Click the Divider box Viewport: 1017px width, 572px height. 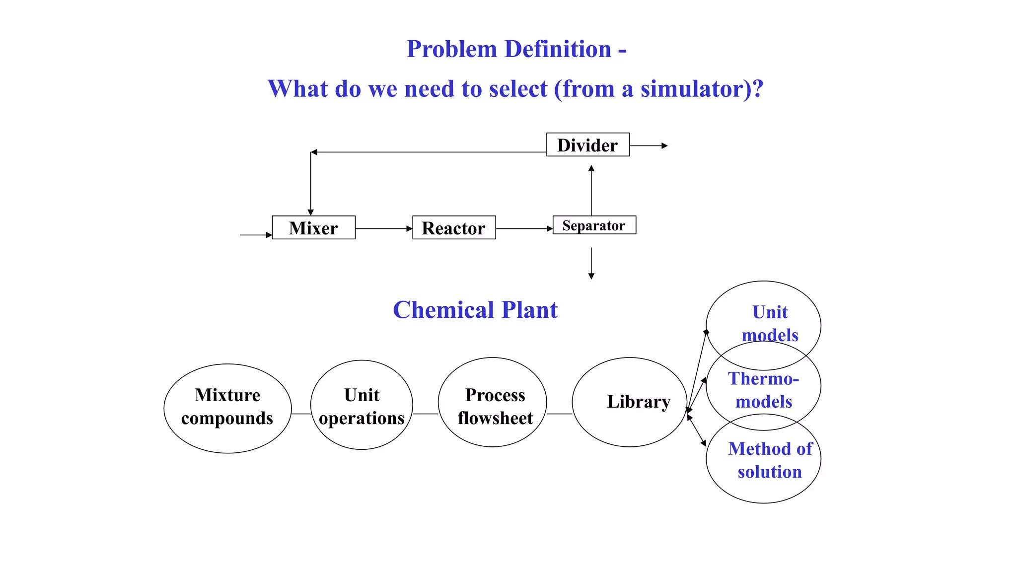(x=587, y=145)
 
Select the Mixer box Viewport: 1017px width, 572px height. (x=313, y=228)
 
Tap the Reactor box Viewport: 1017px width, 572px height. (x=453, y=228)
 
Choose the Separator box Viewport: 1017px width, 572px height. (x=594, y=225)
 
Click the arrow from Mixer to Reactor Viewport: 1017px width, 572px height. (x=383, y=229)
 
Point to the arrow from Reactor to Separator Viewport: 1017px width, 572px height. (x=524, y=229)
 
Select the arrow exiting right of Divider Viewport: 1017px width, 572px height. (x=649, y=146)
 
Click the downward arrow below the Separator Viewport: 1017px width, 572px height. (x=591, y=263)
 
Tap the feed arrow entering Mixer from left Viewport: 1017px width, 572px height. (x=256, y=235)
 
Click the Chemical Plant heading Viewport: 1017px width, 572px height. (x=475, y=310)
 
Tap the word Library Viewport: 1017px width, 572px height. (x=639, y=402)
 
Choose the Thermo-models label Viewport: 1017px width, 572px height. (x=764, y=390)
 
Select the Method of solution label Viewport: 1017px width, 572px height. (x=770, y=460)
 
